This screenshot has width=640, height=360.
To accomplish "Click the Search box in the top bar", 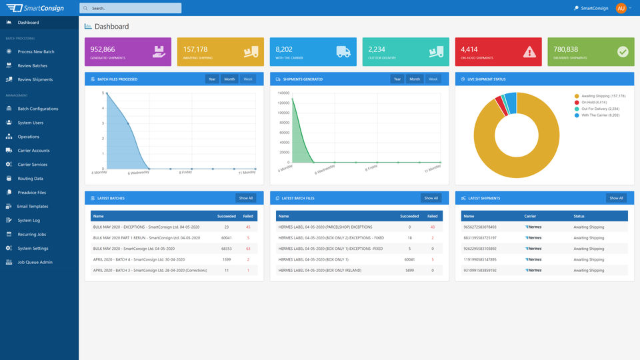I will [x=130, y=8].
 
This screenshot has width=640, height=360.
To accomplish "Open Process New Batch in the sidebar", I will [x=36, y=51].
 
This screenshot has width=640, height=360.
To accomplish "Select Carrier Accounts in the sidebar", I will [x=33, y=151].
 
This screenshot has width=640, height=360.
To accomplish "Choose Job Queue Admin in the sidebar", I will [x=35, y=262].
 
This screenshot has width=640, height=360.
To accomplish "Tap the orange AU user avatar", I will [x=621, y=8].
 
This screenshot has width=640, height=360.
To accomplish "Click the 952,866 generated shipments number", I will [x=103, y=49].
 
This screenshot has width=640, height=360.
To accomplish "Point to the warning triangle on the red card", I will [x=529, y=52].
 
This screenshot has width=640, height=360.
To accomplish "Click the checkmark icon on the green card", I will [x=623, y=52].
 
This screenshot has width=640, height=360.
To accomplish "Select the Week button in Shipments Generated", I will [x=433, y=79].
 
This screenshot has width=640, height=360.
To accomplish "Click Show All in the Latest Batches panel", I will [x=246, y=198].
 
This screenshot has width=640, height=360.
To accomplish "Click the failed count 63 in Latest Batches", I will [x=248, y=248].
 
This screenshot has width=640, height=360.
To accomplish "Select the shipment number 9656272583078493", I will [x=479, y=227].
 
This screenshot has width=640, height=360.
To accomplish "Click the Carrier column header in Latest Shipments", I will [x=530, y=216].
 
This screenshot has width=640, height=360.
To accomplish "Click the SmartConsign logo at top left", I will [x=39, y=8].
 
